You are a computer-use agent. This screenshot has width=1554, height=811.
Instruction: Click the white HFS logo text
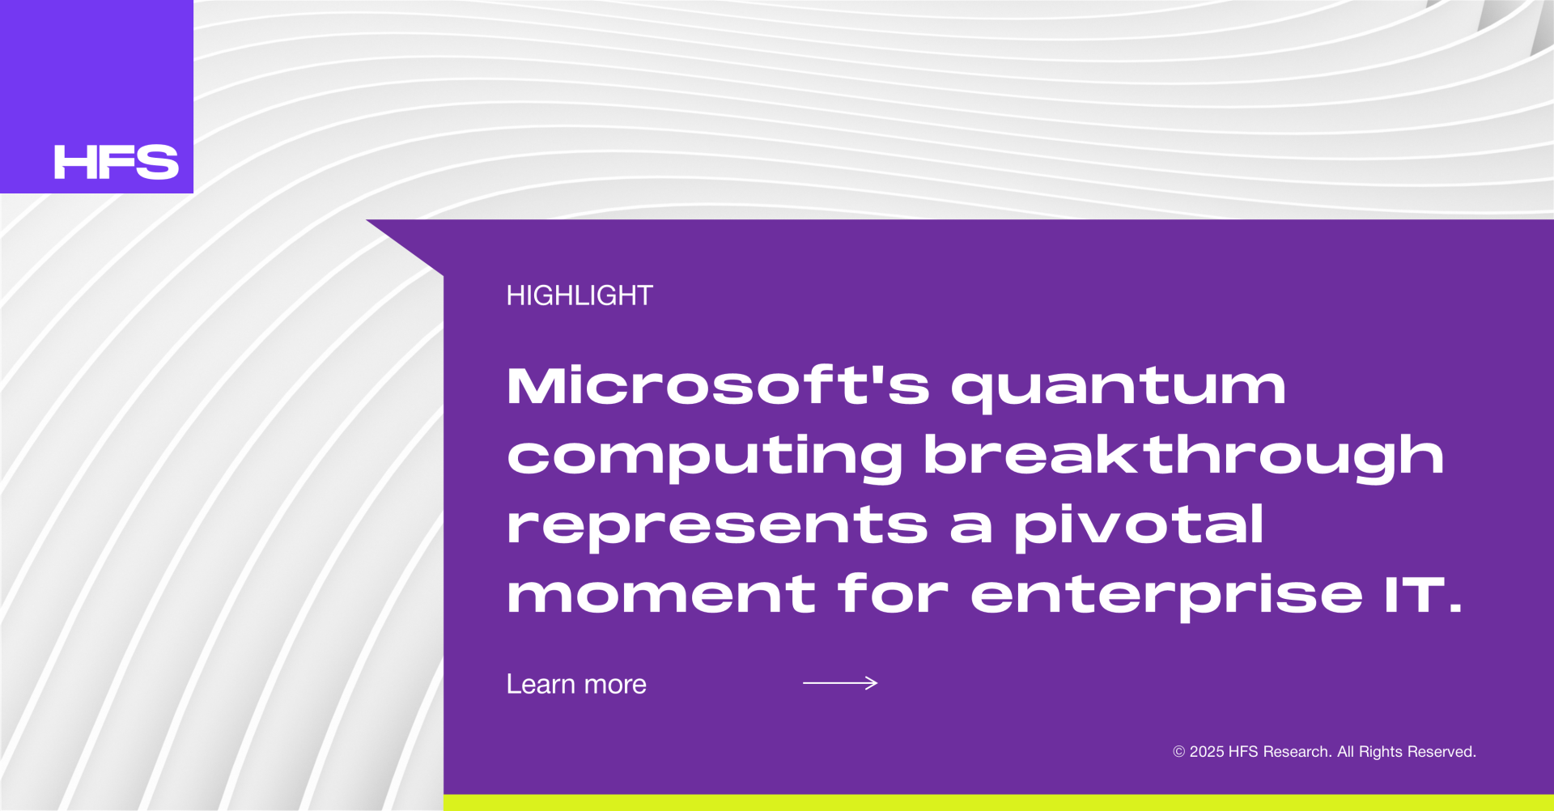117,162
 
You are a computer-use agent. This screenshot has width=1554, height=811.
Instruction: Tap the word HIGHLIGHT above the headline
580,295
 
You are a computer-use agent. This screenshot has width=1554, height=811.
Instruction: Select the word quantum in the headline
1119,389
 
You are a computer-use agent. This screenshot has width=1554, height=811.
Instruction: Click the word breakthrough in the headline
1184,455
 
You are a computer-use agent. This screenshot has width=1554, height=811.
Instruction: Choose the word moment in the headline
661,594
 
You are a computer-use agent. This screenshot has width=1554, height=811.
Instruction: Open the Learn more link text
576,685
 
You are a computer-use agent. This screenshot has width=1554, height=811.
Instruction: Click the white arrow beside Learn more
840,683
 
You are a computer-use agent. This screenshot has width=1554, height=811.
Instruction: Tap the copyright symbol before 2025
1179,752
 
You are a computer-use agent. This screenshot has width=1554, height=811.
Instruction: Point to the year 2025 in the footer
1207,752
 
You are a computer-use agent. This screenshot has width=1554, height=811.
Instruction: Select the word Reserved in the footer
1445,752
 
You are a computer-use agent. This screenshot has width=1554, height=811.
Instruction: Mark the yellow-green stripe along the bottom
999,803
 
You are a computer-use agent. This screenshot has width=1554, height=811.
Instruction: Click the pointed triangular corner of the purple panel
368,221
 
